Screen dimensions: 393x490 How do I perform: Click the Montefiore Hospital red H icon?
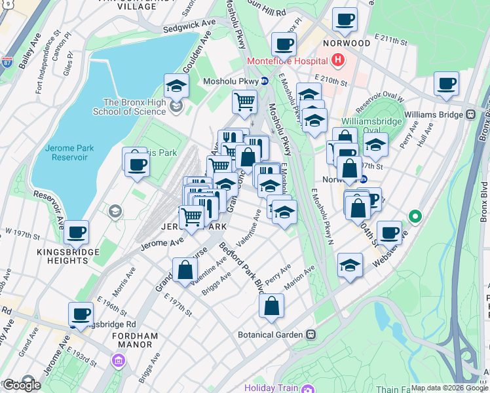pos(338,61)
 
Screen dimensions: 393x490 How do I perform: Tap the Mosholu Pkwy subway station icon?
pos(265,81)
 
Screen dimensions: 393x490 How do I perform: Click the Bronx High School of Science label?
pos(134,107)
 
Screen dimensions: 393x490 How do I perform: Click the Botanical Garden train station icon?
pos(311,334)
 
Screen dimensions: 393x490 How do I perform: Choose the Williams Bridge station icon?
pos(470,114)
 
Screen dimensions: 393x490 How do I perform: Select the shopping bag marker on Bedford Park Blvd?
pos(271,305)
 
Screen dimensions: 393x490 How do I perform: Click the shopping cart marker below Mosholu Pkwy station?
pos(244,102)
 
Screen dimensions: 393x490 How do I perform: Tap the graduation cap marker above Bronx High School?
pos(176,86)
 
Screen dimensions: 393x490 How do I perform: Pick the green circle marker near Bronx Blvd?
pos(414,215)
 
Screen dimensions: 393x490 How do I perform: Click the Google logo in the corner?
pos(21,384)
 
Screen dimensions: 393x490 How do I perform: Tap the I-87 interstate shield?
pos(7,63)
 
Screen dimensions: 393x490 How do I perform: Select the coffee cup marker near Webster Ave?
pos(389,233)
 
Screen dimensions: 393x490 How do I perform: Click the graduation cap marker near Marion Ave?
pos(350,265)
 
